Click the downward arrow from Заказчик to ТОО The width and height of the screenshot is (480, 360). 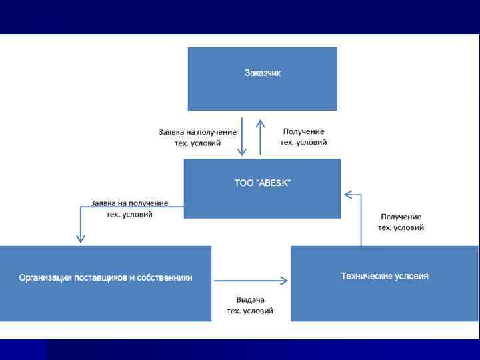click(x=243, y=137)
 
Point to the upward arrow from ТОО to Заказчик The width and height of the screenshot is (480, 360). click(x=261, y=137)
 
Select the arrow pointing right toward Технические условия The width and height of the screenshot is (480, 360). click(x=251, y=281)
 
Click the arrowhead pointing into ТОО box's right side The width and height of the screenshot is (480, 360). click(x=347, y=195)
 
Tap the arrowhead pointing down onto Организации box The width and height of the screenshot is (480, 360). click(x=81, y=238)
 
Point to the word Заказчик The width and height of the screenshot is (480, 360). click(x=262, y=73)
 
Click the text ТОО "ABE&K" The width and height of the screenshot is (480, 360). click(x=262, y=183)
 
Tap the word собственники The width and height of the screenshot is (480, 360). click(x=167, y=278)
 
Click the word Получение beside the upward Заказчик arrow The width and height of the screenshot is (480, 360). click(x=303, y=132)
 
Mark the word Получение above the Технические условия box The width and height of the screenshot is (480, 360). click(x=401, y=217)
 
